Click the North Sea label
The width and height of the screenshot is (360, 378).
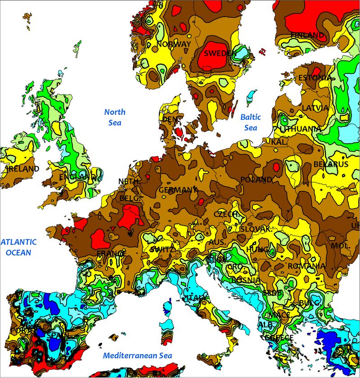[x=115, y=117]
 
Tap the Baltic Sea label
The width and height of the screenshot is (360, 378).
[x=250, y=122]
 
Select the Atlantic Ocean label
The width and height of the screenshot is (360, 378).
[x=18, y=247]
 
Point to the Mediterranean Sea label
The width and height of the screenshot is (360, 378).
[x=137, y=355]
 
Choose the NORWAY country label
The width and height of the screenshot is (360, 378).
[x=174, y=44]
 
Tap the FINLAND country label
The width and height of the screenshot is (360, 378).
[x=307, y=35]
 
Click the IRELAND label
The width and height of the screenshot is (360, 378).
[x=23, y=169]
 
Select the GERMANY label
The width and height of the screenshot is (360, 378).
[x=178, y=190]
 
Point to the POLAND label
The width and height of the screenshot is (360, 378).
[x=256, y=179]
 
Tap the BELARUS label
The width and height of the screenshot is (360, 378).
[x=331, y=164]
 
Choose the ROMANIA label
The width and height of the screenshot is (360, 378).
[x=306, y=266]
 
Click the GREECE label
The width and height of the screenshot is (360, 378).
[x=279, y=337]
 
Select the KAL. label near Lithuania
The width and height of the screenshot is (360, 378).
[x=278, y=142]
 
